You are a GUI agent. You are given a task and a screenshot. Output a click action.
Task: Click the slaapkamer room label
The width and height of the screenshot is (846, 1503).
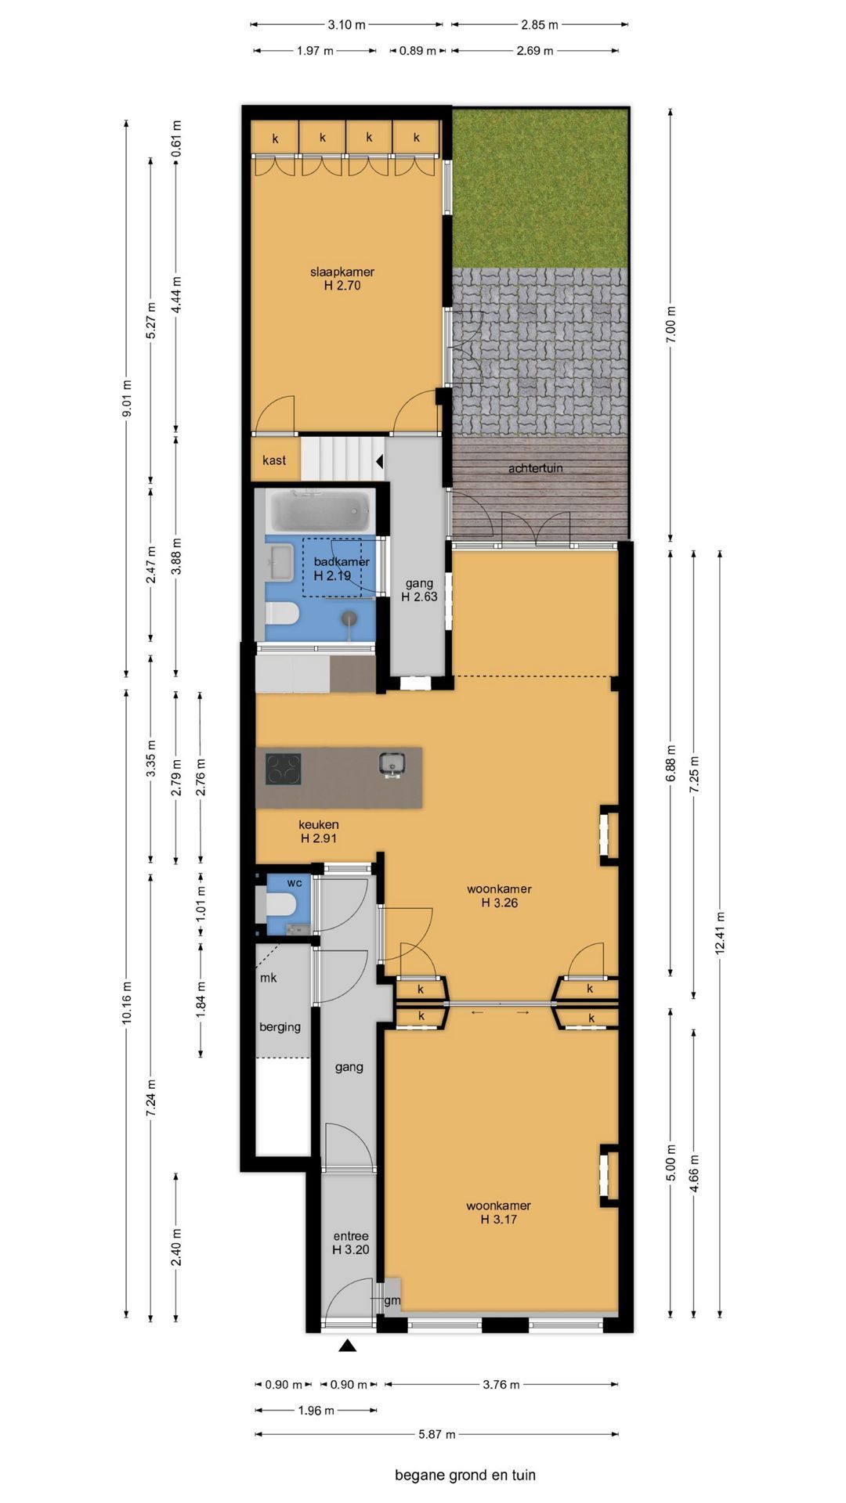(x=342, y=279)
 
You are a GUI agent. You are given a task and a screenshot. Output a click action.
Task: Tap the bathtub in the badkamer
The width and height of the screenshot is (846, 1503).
(x=319, y=510)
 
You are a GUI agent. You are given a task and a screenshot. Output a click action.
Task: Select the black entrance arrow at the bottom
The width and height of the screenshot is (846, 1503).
(x=348, y=1346)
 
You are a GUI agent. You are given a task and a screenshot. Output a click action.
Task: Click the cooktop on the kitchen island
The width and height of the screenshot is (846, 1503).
(x=284, y=768)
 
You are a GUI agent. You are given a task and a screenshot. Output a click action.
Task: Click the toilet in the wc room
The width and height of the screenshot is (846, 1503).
(x=280, y=906)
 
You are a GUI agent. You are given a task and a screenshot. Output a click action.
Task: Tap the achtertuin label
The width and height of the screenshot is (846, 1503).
(x=536, y=468)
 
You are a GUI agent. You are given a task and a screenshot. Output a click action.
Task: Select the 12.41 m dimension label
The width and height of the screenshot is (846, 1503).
(x=721, y=932)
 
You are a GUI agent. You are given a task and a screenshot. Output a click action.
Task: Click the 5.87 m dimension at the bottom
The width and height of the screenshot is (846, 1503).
(x=437, y=1434)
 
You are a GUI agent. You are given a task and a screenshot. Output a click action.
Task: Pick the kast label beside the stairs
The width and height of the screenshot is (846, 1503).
(x=274, y=460)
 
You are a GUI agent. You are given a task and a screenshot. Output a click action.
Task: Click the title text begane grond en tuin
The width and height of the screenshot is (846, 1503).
(x=465, y=1475)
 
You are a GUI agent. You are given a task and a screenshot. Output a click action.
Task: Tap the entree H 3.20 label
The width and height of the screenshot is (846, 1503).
(x=350, y=1243)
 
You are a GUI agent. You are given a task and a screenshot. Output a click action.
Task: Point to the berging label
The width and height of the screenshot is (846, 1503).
(x=280, y=1027)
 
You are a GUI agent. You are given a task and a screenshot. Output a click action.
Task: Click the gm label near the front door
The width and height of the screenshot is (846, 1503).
(x=392, y=1300)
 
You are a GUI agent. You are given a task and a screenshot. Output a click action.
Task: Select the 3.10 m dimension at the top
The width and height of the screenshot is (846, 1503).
(x=347, y=24)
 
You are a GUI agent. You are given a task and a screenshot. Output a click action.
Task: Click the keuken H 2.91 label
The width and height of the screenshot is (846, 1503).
(x=319, y=831)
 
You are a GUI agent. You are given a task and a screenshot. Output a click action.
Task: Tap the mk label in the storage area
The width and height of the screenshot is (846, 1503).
(x=268, y=978)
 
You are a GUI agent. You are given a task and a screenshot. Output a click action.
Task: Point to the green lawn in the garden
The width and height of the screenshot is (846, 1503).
(x=540, y=189)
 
